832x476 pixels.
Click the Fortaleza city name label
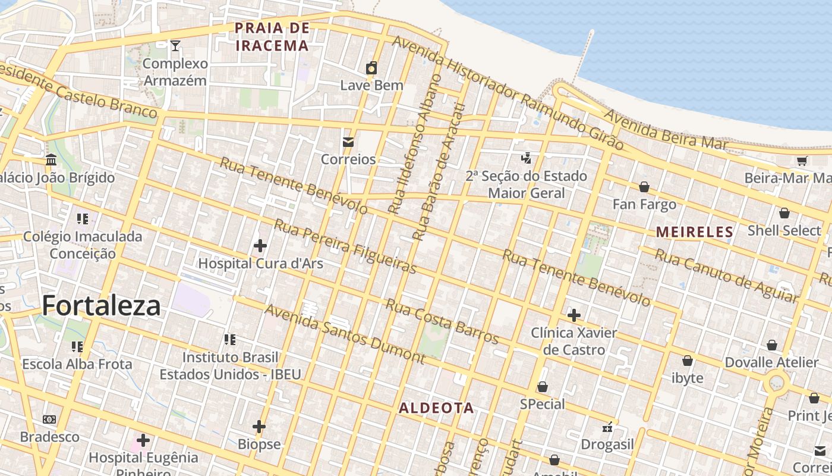[x=101, y=306]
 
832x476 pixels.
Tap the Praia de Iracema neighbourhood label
[x=272, y=37]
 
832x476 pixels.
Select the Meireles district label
[x=695, y=232]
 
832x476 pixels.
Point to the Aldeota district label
[x=436, y=408]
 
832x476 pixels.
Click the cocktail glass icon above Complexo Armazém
[x=175, y=45]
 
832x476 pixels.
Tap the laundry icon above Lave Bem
[x=371, y=68]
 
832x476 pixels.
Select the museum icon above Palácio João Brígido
[x=51, y=160]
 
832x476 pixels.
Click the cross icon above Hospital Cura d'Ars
[x=260, y=245]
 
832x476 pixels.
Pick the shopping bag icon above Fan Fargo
[x=644, y=187]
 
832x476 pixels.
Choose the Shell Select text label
[x=784, y=231]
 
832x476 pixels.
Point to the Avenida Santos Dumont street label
[x=345, y=334]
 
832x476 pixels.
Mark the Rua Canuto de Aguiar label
[x=725, y=275]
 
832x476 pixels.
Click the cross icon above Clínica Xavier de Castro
[x=573, y=315]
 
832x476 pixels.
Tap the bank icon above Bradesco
[x=49, y=419]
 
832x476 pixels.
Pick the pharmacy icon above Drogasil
[x=607, y=427]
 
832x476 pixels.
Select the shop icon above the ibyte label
[x=688, y=361]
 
